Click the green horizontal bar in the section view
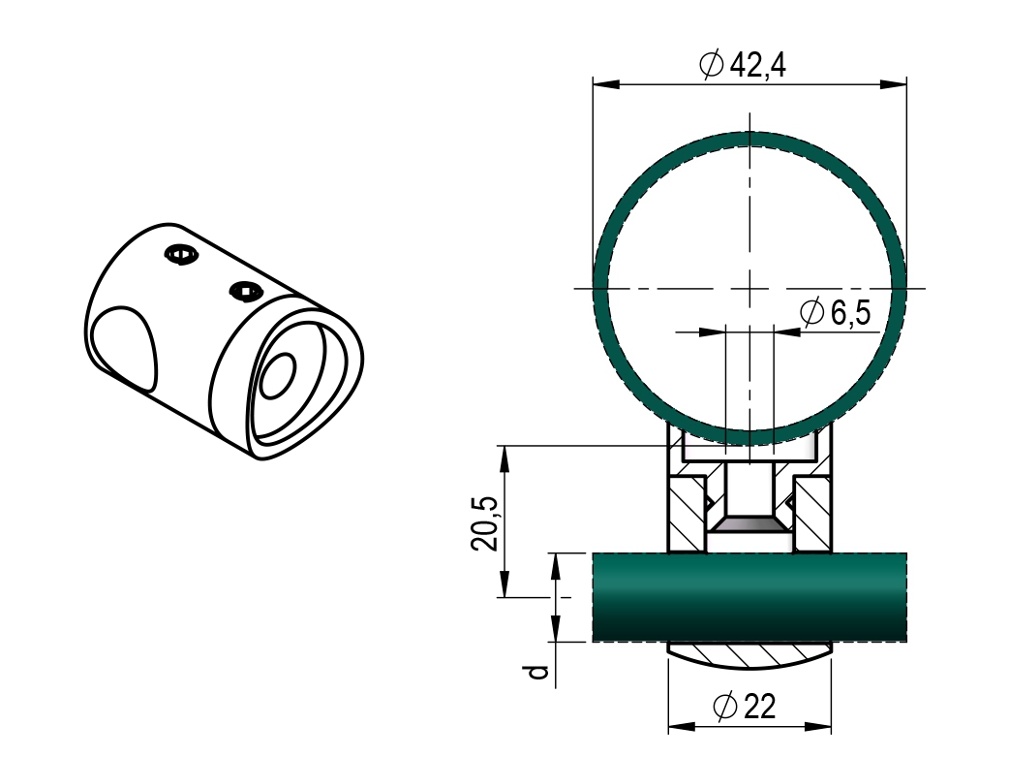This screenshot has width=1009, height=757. coord(749,597)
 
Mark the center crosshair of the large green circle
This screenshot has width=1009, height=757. coord(749,288)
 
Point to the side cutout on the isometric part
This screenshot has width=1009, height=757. coord(124,346)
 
